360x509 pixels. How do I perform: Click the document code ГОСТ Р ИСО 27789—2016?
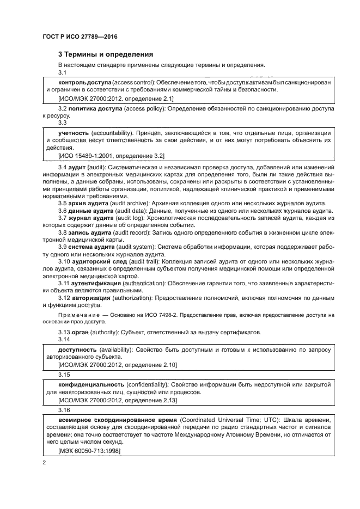80,37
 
